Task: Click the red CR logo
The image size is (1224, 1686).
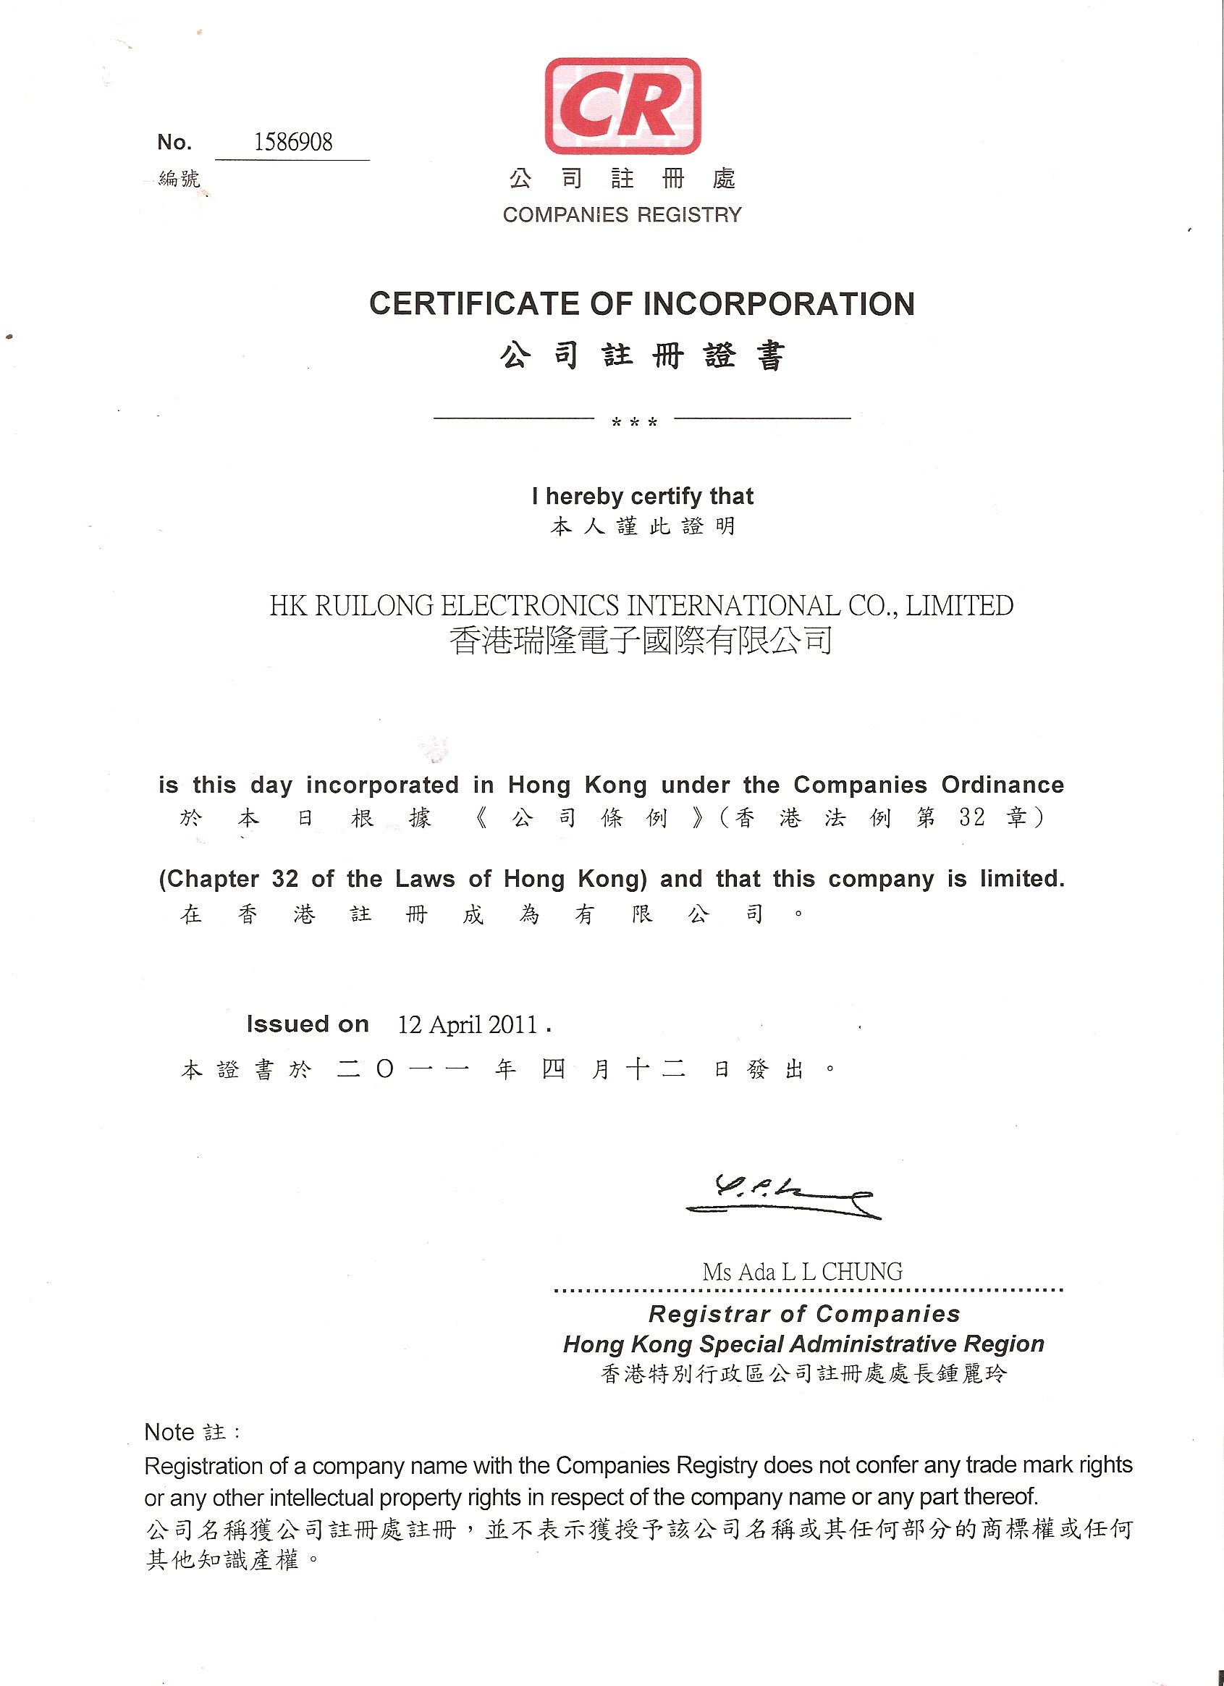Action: pos(622,106)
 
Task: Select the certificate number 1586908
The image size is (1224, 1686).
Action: pos(293,142)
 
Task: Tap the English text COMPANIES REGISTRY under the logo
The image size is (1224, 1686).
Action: pos(622,215)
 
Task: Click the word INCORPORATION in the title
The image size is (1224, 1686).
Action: pos(778,304)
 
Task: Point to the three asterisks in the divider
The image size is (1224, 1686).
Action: pos(634,422)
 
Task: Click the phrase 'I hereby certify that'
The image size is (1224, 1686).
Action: pos(642,496)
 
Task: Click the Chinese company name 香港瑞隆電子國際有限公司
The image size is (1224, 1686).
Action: pos(641,641)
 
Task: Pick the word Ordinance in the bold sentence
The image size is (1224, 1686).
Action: pos(1003,785)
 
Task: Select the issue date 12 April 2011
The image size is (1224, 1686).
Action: pos(468,1024)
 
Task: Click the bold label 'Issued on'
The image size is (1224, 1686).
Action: pos(308,1024)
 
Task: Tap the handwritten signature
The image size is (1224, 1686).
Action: pos(780,1195)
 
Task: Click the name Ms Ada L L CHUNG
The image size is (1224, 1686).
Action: pos(803,1272)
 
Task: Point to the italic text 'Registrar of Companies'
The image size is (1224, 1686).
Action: pos(804,1314)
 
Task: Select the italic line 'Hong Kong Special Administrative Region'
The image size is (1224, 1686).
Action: pos(803,1344)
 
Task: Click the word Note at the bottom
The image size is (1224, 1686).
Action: pos(169,1432)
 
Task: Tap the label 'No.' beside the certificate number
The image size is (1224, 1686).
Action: pos(174,142)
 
